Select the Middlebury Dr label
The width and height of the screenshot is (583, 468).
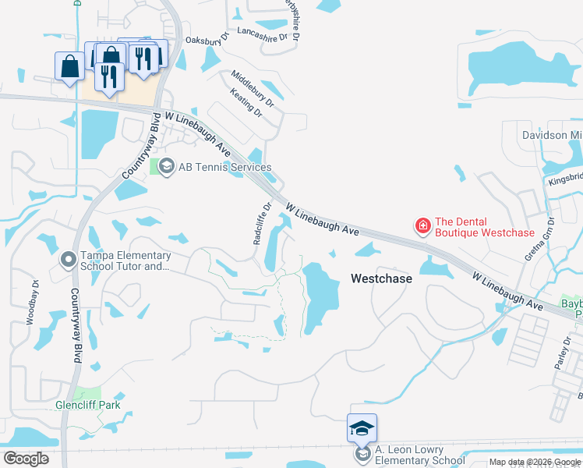point(253,87)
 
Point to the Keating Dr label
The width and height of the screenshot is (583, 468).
point(246,103)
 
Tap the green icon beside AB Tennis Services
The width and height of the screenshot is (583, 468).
point(165,166)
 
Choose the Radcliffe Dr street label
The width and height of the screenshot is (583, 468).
point(262,225)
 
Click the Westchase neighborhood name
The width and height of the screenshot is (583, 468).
point(381,278)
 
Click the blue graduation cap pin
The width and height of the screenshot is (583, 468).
point(362,427)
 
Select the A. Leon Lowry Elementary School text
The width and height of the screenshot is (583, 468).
point(420,455)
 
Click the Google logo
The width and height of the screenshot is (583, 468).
point(26,459)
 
